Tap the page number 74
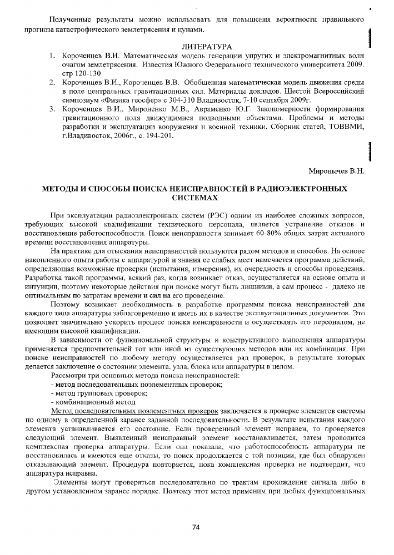(x=196, y=527)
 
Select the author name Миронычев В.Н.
(x=336, y=170)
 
